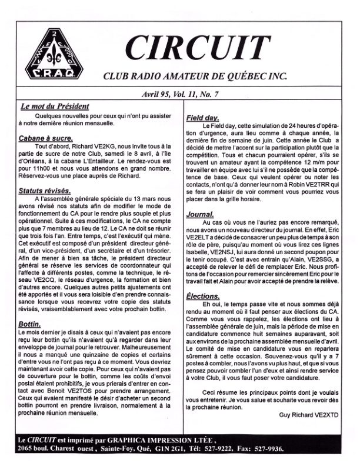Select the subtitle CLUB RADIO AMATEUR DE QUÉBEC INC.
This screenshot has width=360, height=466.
pos(195,75)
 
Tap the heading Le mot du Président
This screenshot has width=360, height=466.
pos(54,107)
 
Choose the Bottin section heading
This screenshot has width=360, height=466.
pos(29,324)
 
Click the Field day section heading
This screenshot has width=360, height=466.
pos(203,118)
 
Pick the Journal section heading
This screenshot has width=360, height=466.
pos(199,215)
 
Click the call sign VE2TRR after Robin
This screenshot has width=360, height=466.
pos(310,186)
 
